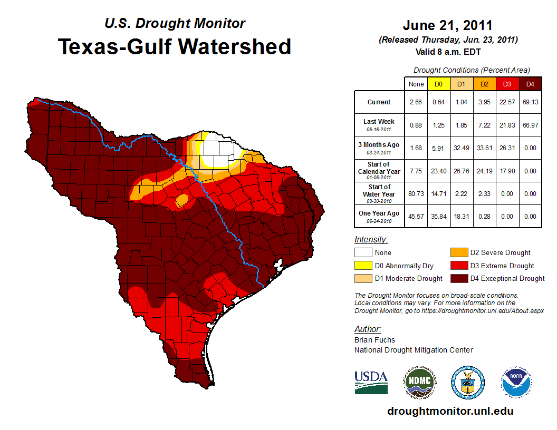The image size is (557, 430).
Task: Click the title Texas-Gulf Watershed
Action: click(x=174, y=46)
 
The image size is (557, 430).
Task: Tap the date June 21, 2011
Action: click(x=447, y=25)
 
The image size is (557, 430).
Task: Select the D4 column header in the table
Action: click(x=531, y=84)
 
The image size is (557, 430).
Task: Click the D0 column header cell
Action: click(x=438, y=84)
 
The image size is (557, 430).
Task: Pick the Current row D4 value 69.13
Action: click(x=531, y=102)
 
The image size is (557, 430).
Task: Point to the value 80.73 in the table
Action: click(x=416, y=194)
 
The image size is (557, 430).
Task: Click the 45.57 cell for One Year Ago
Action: click(x=416, y=216)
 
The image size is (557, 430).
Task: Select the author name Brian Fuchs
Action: click(x=374, y=340)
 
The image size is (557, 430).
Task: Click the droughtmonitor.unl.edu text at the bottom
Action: click(x=450, y=411)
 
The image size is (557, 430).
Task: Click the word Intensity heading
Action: click(x=371, y=240)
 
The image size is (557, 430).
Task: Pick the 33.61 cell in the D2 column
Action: click(x=485, y=148)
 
